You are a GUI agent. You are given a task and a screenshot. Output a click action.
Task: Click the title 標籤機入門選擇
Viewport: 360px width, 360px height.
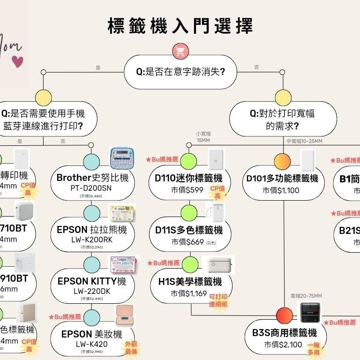tap(180, 26)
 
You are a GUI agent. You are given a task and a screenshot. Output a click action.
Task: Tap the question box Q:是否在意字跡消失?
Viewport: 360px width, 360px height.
tap(180, 72)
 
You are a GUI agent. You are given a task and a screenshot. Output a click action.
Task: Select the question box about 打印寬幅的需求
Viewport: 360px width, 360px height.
tap(282, 119)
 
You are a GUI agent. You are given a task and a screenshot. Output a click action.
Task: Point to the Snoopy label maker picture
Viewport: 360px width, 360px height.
tap(122, 158)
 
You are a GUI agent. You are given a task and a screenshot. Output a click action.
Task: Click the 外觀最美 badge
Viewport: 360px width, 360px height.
tap(131, 348)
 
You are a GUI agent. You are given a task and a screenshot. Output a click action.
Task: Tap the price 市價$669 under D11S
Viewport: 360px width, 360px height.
tap(187, 242)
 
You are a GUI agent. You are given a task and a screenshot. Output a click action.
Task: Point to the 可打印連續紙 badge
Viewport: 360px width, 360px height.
tap(218, 300)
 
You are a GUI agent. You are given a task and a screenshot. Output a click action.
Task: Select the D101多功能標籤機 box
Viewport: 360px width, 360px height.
tap(282, 183)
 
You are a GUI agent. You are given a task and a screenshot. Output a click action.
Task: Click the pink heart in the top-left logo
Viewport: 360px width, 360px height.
tap(17, 61)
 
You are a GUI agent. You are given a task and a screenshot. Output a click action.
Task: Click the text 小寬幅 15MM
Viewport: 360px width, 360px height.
tap(203, 137)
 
